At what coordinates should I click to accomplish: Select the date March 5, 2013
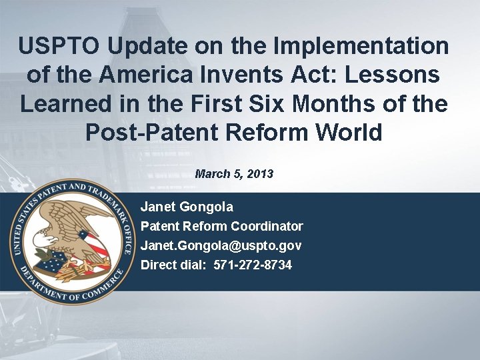click(234, 174)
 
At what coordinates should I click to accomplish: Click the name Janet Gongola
click(187, 207)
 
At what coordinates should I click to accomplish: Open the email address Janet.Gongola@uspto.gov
click(221, 246)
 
